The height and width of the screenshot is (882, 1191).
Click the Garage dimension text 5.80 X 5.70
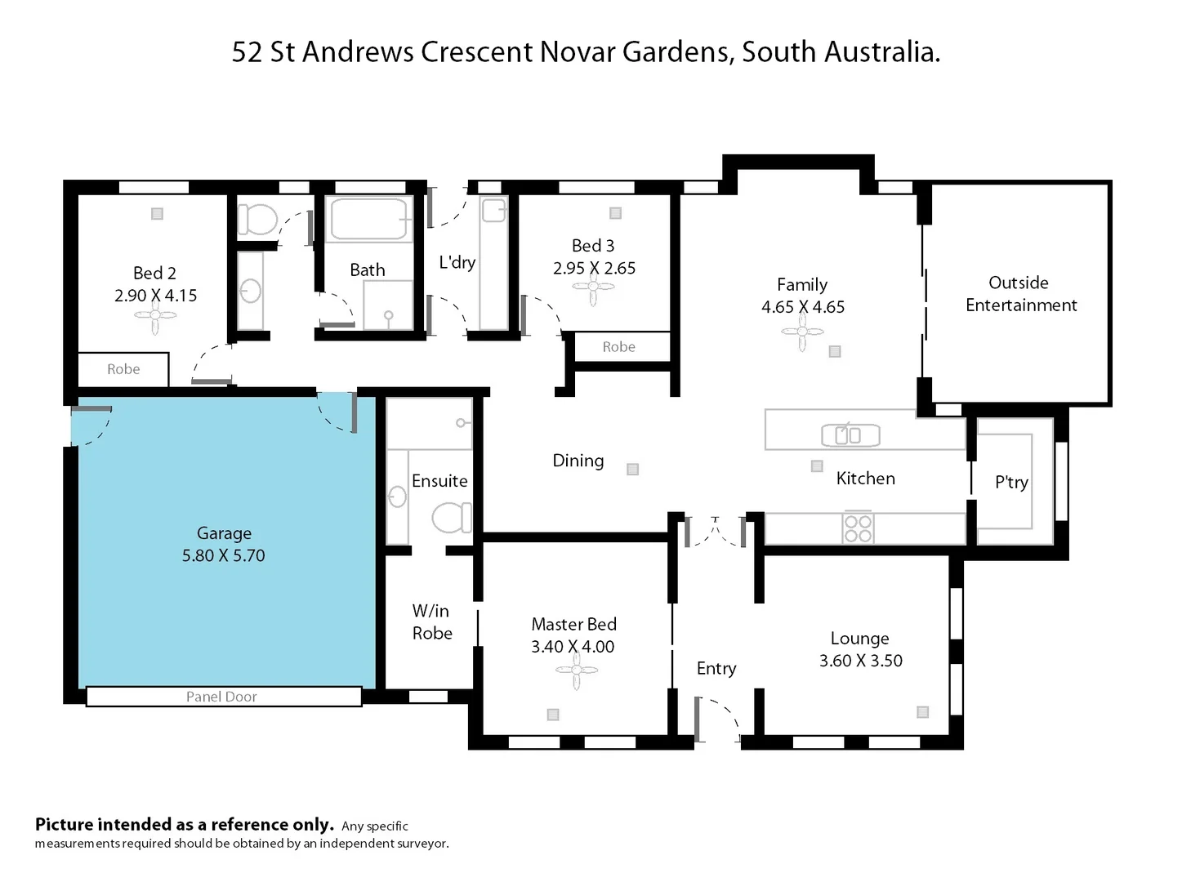tap(223, 555)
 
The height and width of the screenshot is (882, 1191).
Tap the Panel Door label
tap(221, 697)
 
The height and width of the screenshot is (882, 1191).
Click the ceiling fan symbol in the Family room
tap(802, 332)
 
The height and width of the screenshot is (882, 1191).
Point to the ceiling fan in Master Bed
tap(577, 671)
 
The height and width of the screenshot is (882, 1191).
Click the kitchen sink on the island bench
tap(850, 434)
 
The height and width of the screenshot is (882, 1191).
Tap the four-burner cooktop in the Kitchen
tap(858, 528)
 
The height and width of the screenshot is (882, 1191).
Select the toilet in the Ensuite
tap(451, 518)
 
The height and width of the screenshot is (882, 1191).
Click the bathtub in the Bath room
tap(368, 218)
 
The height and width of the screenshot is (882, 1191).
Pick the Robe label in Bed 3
tap(618, 347)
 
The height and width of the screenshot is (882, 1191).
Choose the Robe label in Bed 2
tap(123, 369)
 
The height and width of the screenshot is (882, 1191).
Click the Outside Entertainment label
tap(1020, 294)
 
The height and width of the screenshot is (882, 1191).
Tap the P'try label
tap(1011, 483)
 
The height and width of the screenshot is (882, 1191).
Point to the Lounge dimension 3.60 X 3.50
tap(860, 661)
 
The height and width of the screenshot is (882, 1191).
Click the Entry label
tap(716, 669)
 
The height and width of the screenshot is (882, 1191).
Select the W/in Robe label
tap(432, 622)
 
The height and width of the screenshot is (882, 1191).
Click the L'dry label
tap(457, 262)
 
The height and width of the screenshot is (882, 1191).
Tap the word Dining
tap(578, 461)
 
